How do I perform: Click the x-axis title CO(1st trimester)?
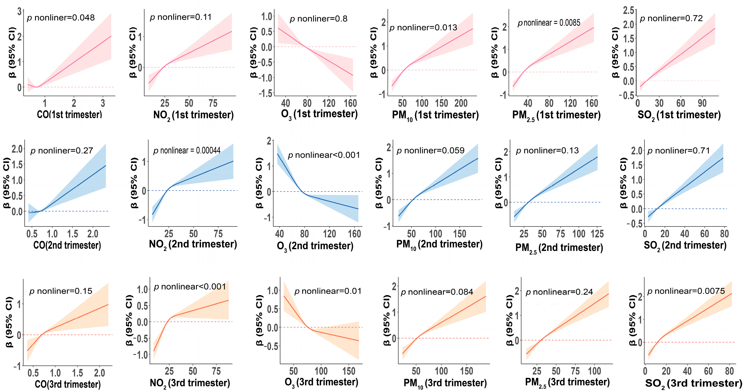[69, 114]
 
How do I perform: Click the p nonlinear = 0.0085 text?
[549, 23]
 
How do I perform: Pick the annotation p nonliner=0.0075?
[686, 291]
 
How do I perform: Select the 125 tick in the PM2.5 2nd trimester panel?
[597, 234]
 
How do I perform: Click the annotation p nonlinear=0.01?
[328, 291]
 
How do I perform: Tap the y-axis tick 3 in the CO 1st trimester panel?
[19, 12]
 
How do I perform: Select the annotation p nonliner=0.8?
[318, 19]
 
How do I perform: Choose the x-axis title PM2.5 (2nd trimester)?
[559, 248]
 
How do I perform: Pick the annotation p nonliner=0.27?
[62, 151]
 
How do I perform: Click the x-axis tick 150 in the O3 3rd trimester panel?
[348, 371]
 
